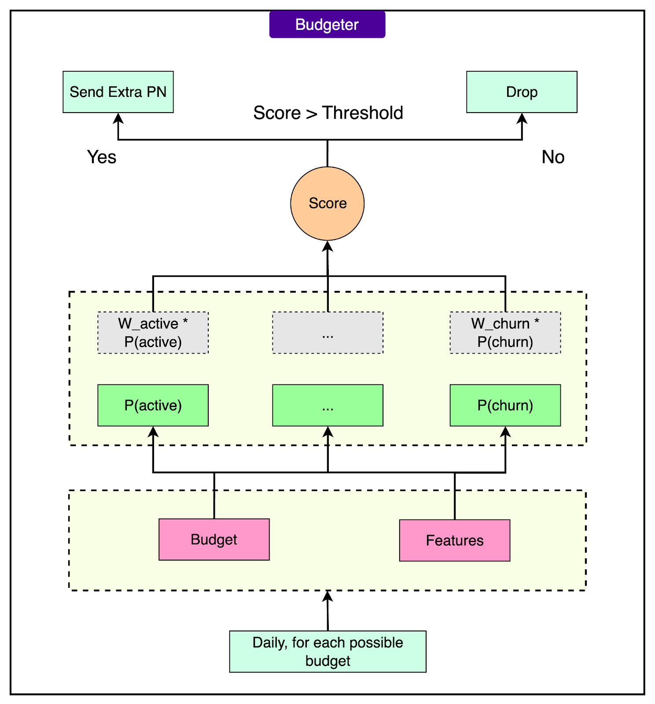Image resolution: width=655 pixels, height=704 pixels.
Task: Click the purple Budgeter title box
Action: click(327, 25)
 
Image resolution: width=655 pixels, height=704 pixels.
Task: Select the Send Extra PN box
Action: click(118, 92)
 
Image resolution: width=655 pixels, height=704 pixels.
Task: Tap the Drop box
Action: click(522, 92)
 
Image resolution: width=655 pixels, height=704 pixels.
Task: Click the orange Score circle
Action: click(327, 203)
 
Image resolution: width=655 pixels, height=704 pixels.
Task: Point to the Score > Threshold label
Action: click(328, 113)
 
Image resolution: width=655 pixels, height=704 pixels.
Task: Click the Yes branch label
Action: click(102, 157)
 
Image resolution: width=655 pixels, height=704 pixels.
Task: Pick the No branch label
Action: click(553, 157)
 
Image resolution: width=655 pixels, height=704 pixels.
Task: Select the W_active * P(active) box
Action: click(153, 333)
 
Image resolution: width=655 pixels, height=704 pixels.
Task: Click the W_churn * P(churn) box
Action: click(505, 333)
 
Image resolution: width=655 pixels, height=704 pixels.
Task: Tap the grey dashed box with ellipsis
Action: click(327, 333)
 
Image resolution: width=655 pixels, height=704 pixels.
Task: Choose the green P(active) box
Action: click(153, 405)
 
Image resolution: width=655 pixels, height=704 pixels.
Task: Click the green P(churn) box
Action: click(505, 405)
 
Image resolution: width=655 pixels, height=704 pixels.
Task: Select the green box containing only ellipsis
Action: click(327, 405)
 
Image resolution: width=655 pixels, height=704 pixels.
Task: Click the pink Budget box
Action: click(214, 539)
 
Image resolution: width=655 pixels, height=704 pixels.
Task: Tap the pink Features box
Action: click(455, 540)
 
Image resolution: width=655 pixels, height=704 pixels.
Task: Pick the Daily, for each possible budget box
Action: click(327, 652)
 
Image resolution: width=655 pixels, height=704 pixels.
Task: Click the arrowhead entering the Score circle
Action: click(327, 246)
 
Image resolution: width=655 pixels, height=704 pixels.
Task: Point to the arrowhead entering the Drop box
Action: click(522, 118)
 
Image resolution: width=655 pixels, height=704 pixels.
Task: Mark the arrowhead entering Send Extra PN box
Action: click(118, 118)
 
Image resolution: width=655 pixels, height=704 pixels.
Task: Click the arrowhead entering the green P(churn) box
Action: click(505, 432)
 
